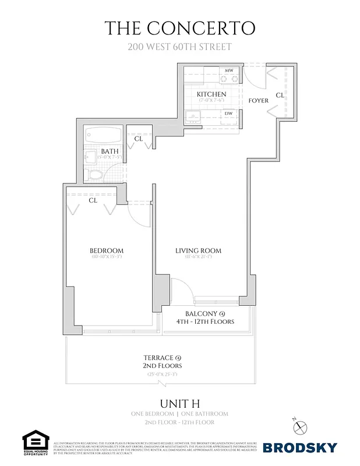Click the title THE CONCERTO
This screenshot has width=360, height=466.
pos(179,27)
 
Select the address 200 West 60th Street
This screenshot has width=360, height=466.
pos(179,46)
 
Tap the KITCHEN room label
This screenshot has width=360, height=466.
pos(211,94)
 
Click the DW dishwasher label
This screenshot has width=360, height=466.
pos(229,114)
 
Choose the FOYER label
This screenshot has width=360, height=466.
pos(258,100)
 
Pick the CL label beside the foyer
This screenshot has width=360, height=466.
pos(280,94)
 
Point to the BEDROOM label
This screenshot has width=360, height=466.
pos(107,251)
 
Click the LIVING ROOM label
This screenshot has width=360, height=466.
pos(198,251)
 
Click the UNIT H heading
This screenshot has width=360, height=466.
pos(179,403)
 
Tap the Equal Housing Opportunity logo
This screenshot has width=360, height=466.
pos(35,443)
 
